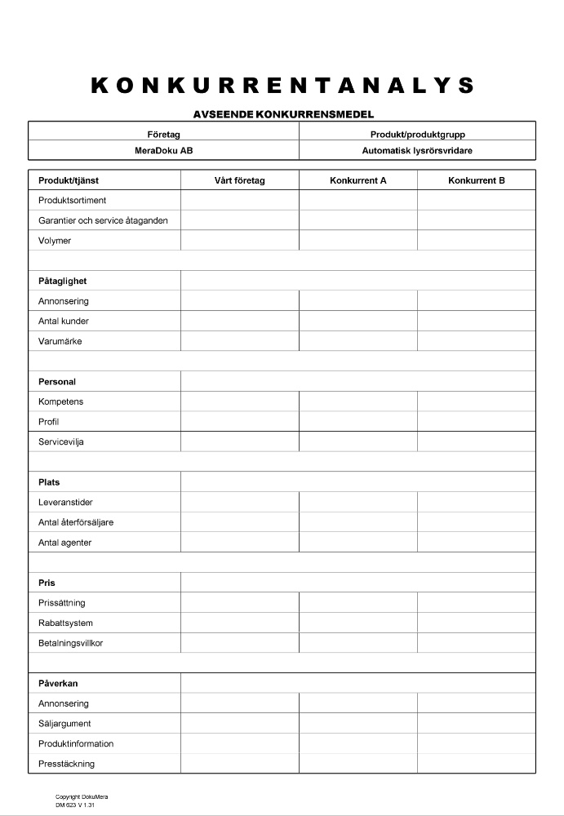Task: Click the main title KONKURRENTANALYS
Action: [x=282, y=86]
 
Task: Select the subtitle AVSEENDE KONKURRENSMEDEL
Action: [x=282, y=115]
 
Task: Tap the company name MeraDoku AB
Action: [x=163, y=150]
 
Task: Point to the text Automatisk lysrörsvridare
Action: [x=417, y=150]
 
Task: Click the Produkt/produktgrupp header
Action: [x=417, y=135]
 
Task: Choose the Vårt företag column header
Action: [x=239, y=180]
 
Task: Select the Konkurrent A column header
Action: [x=357, y=180]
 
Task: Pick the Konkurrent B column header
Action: [x=476, y=180]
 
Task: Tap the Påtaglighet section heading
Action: [x=62, y=281]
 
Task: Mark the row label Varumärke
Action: [x=60, y=341]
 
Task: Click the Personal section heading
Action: [x=57, y=381]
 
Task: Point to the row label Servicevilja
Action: [x=61, y=441]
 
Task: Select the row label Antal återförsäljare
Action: [x=76, y=522]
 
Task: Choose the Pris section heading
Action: [x=47, y=583]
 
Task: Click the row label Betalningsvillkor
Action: [x=70, y=643]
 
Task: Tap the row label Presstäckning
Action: [x=66, y=764]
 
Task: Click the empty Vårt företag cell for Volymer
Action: [x=239, y=241]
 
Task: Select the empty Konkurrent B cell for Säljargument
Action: [x=476, y=724]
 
